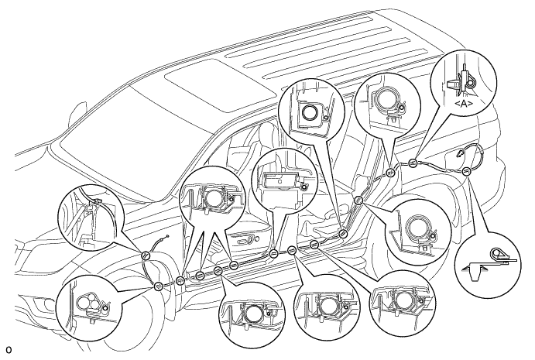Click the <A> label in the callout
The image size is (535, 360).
pos(464,104)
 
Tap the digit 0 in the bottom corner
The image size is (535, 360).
pos(9,350)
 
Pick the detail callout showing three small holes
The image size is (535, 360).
pos(89,308)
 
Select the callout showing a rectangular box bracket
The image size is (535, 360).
pos(284,181)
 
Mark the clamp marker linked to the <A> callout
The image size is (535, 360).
pos(413,163)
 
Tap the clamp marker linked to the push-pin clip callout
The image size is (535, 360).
pos(466,171)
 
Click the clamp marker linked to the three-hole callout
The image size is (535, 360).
pos(158,286)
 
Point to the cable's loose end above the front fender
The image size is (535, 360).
pos(167,236)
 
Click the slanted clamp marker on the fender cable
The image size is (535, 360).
pos(146,255)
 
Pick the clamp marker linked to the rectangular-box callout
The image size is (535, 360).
pos(273,253)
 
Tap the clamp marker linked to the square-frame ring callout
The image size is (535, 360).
pos(343,234)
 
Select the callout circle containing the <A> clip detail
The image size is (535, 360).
pos(464,82)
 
